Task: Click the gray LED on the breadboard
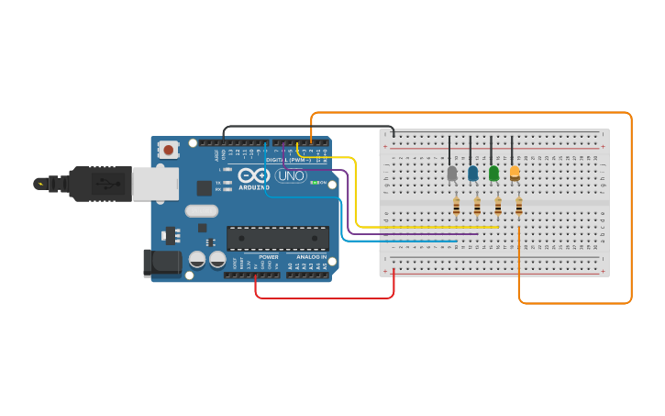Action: coord(452,173)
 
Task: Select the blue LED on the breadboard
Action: coord(473,173)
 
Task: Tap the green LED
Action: coord(494,173)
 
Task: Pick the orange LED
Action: coord(515,173)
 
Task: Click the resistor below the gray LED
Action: coord(456,208)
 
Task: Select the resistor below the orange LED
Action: coord(518,208)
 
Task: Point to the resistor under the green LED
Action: coord(498,208)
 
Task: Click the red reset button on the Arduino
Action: coord(168,149)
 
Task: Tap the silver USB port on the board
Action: coord(154,184)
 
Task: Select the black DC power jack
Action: coord(162,263)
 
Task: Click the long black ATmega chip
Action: coord(277,238)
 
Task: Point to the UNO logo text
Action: coord(292,175)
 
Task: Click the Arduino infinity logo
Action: coord(254,174)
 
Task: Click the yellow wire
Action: coord(355,197)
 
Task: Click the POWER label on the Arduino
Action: coord(268,257)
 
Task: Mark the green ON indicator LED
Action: coord(316,183)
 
